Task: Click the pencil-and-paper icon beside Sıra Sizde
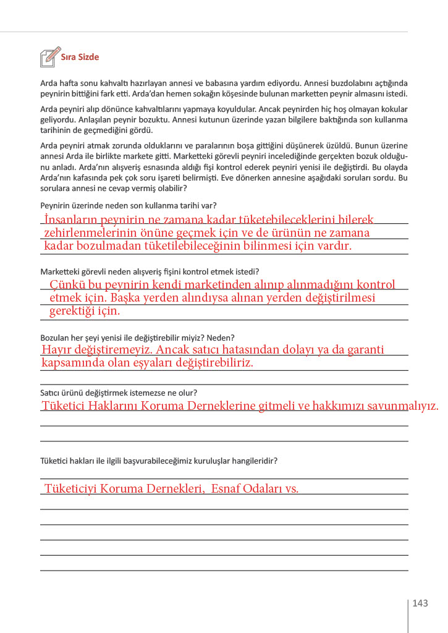coord(50,56)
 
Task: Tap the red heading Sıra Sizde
coord(80,57)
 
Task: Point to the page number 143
coord(420,603)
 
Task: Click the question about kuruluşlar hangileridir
coord(158,461)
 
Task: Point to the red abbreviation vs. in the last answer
coord(291,489)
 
